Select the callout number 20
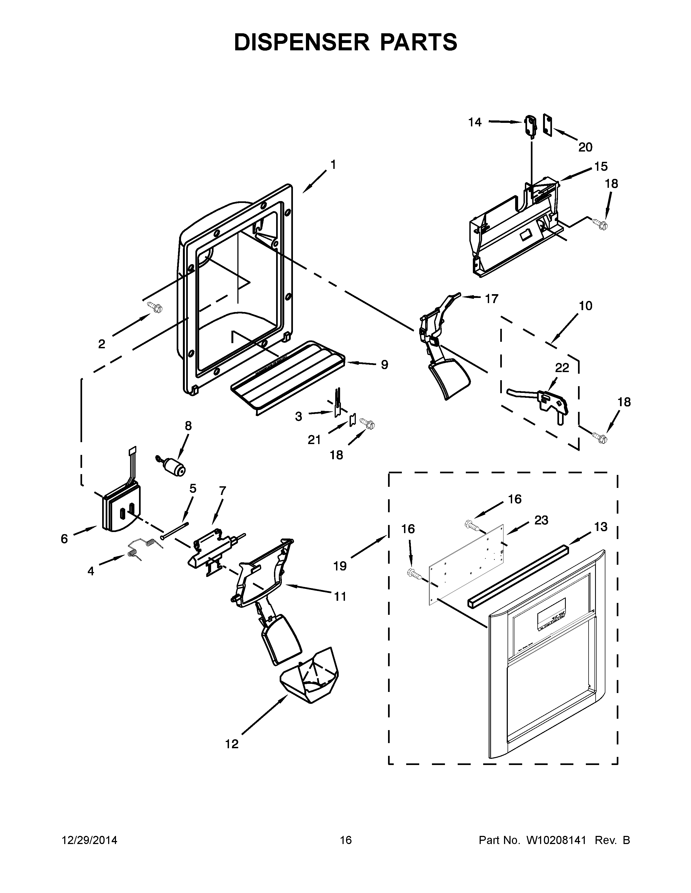[585, 147]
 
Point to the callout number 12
[232, 744]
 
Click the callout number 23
[541, 520]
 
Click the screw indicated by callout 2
[156, 307]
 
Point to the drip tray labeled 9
[286, 376]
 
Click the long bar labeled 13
[518, 576]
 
